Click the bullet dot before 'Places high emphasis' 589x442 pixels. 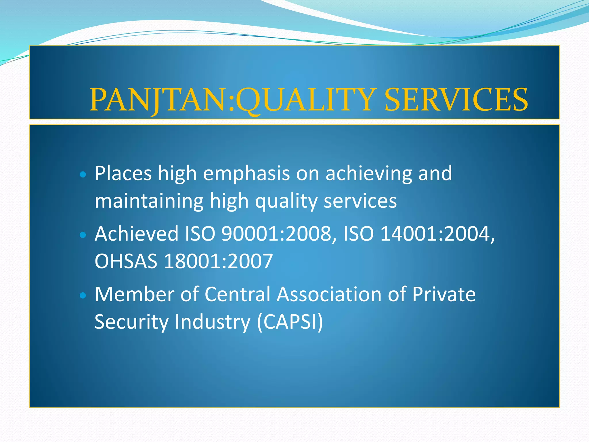[83, 174]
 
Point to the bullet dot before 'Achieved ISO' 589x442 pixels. [83, 235]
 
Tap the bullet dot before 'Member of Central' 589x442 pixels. [83, 296]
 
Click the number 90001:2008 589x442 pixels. [278, 234]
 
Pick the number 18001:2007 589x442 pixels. [218, 261]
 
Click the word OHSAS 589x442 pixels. [126, 261]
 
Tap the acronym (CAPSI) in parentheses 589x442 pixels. [290, 322]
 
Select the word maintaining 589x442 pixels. [149, 201]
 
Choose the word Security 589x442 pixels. [131, 322]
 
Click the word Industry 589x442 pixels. [213, 322]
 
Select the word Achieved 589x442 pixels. [137, 234]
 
